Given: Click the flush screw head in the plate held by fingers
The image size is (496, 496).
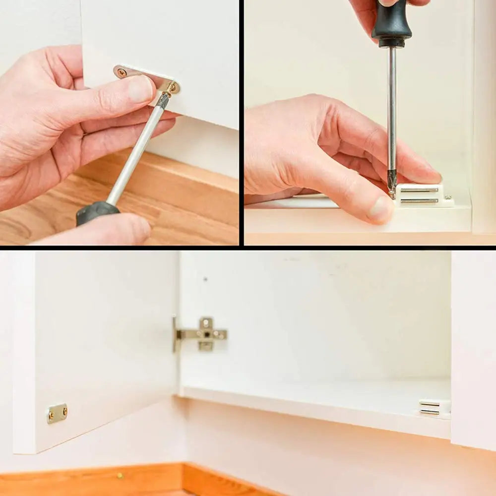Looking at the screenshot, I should coord(122,72).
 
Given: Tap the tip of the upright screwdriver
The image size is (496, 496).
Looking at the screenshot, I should coord(392,193).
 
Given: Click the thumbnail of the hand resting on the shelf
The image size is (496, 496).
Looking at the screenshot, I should coord(380,209).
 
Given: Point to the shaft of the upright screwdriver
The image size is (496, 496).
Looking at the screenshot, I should coord(392,114).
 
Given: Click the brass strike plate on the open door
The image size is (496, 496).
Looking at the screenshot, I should coord(57,413).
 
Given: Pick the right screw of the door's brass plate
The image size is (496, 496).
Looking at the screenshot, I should coord(63,410).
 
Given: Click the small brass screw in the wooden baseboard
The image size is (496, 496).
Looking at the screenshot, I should coord(119,476).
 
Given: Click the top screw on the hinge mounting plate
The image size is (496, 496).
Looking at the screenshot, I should coord(206,322).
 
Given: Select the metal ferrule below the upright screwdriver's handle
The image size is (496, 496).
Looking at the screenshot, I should coord(392,44).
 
